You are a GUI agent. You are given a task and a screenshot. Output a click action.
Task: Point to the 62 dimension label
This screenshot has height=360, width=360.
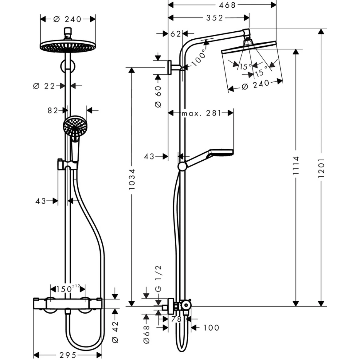175,34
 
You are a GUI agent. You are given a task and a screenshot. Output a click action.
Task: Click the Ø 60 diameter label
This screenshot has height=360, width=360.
158,96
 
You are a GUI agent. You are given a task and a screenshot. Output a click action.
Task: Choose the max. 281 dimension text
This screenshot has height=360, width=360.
202,113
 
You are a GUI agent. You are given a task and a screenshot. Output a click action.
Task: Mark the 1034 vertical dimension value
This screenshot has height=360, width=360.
132,179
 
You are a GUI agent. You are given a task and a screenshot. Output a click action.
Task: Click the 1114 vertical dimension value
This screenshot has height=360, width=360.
296,166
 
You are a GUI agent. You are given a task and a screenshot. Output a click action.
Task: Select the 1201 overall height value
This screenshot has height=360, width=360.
321,168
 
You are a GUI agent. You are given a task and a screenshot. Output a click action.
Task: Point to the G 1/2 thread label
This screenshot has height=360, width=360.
158,278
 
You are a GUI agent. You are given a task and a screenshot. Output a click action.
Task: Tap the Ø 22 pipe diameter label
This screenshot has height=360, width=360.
44,86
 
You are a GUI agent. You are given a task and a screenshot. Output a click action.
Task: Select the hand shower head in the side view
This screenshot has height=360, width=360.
221,153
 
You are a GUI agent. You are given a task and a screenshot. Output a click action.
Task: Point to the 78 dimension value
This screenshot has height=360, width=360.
176,319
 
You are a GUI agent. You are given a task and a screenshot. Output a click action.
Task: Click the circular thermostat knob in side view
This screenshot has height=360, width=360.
186,305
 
